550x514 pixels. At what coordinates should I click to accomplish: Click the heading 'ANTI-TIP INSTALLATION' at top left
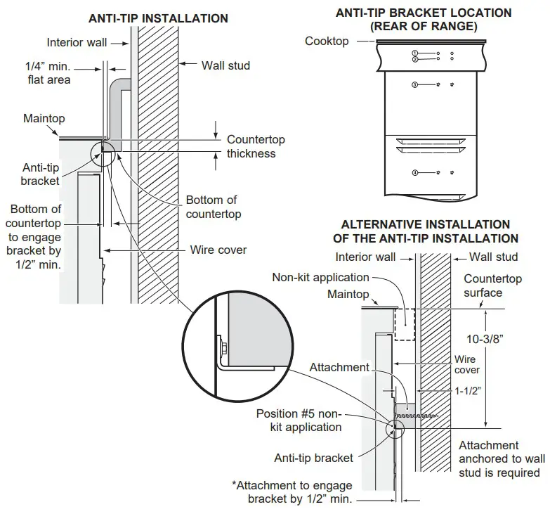(x=158, y=18)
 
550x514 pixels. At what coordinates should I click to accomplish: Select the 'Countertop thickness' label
(x=251, y=146)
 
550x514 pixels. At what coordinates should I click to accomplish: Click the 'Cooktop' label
(x=326, y=41)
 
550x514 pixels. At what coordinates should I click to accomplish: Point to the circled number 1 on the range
(x=415, y=53)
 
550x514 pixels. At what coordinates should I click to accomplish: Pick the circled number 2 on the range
(x=415, y=60)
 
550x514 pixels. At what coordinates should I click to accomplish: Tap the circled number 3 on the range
(x=415, y=85)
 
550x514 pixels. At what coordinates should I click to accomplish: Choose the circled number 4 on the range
(x=415, y=172)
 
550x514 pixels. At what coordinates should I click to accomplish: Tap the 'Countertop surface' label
(x=492, y=285)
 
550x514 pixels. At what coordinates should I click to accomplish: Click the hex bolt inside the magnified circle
(x=221, y=347)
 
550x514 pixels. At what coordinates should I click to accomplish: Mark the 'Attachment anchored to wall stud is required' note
(x=502, y=458)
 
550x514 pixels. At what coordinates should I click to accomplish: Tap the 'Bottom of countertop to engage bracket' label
(x=36, y=237)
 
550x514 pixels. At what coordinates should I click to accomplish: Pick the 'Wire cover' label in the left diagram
(x=218, y=250)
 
